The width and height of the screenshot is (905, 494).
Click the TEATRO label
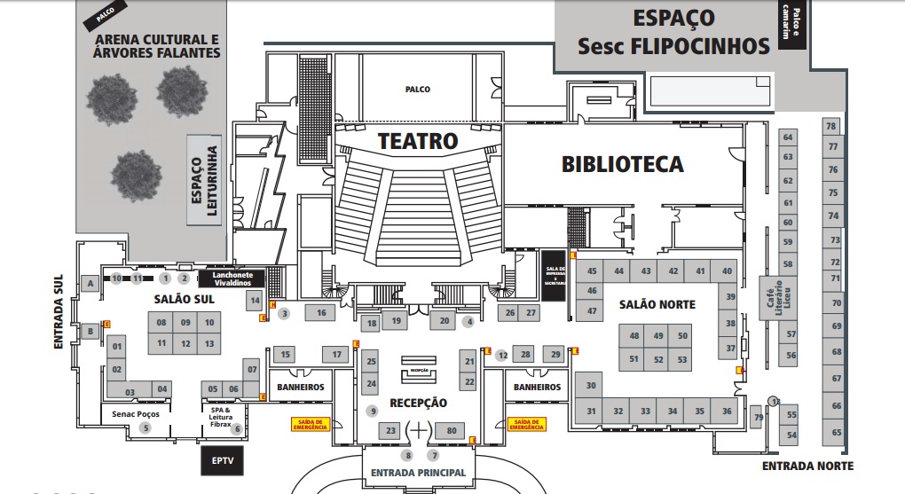(418, 141)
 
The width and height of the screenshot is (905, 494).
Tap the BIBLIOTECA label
(623, 164)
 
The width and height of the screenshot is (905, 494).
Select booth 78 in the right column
(831, 126)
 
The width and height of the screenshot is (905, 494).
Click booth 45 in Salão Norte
(592, 271)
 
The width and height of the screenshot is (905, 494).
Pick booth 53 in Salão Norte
(681, 359)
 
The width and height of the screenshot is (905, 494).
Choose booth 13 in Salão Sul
(209, 343)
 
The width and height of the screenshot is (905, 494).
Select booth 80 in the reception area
(452, 431)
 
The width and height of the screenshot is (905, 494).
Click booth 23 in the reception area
(390, 431)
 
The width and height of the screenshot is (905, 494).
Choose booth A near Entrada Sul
(89, 283)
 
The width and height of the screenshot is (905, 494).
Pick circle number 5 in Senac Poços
(146, 428)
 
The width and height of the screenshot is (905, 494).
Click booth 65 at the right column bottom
(836, 433)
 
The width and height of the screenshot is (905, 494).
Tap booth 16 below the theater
(321, 312)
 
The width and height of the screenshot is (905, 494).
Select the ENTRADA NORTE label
(807, 466)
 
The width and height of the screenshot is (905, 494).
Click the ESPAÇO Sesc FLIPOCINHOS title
(673, 32)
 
